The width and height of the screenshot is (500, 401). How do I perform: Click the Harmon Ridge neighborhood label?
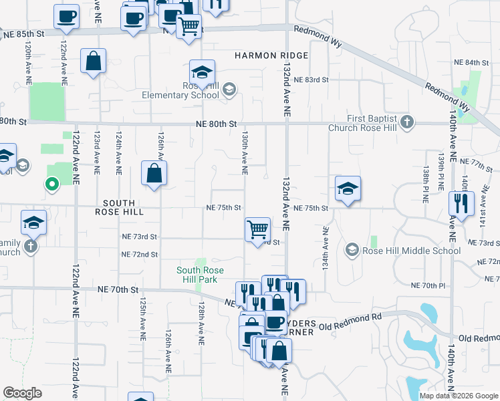click(x=271, y=55)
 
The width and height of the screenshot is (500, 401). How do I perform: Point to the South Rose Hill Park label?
click(x=199, y=275)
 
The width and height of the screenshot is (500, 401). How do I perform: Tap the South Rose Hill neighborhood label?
click(x=118, y=207)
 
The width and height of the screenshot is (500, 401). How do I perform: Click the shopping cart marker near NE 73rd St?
click(x=257, y=229)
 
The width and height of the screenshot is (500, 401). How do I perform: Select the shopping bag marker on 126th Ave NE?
click(x=154, y=174)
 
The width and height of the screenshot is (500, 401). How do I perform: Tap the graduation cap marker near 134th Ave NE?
click(x=348, y=188)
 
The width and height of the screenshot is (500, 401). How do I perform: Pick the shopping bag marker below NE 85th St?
click(x=94, y=61)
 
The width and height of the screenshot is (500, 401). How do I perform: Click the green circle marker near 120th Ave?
click(x=51, y=184)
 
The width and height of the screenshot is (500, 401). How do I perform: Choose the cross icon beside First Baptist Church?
click(x=408, y=123)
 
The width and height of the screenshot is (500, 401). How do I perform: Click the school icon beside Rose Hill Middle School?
click(x=352, y=251)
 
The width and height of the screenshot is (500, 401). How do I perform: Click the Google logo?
click(x=23, y=393)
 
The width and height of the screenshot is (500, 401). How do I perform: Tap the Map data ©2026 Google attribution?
click(x=458, y=396)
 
